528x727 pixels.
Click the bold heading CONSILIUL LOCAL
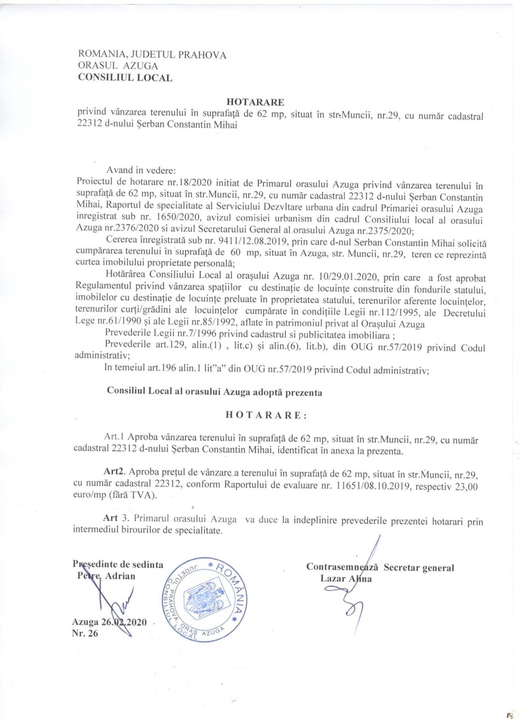(x=125, y=78)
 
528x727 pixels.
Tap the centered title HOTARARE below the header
(x=255, y=102)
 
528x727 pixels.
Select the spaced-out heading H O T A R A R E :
(x=266, y=415)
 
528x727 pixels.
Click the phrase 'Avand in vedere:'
(x=141, y=170)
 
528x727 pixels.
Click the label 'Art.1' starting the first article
(x=114, y=437)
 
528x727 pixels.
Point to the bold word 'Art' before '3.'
(x=110, y=518)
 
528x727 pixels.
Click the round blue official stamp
(x=205, y=599)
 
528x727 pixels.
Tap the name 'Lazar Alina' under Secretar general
(x=346, y=579)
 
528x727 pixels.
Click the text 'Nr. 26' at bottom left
(x=85, y=633)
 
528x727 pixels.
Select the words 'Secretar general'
(x=419, y=568)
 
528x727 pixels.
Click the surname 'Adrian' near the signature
(x=120, y=576)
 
